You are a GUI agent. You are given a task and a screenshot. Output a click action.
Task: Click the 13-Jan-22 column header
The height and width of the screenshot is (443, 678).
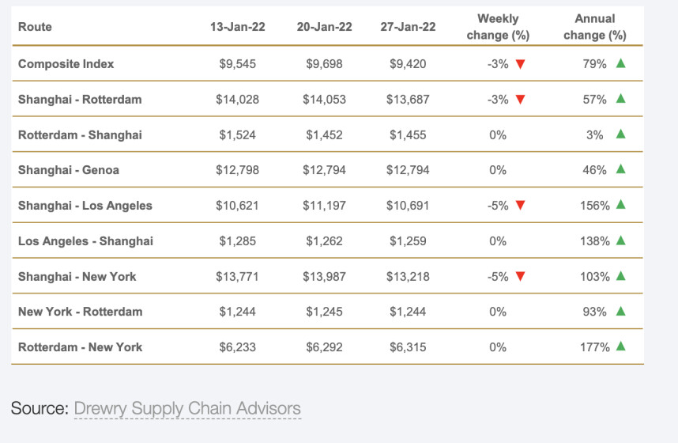pos(237,27)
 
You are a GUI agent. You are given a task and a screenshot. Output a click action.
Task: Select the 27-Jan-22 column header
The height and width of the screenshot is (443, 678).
pos(408,27)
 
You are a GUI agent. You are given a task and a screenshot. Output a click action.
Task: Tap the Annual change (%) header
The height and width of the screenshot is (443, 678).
pos(595,27)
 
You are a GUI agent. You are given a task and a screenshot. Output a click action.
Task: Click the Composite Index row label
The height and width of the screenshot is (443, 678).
pos(66,64)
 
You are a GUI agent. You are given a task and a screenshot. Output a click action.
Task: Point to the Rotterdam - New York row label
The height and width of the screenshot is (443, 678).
pos(81,347)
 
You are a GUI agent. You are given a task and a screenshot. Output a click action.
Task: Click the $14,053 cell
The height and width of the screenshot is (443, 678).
pos(324,100)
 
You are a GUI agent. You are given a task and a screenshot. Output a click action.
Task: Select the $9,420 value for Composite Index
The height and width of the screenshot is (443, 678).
pos(408,64)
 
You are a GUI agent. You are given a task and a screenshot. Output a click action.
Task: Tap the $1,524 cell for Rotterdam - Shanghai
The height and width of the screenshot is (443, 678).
pos(237,135)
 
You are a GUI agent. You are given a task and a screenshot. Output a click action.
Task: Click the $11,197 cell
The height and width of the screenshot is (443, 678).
pos(324,206)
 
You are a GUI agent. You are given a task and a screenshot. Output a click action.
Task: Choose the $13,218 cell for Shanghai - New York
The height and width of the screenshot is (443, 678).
pos(408,277)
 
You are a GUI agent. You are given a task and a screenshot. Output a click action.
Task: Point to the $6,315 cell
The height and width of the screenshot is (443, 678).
pos(408,347)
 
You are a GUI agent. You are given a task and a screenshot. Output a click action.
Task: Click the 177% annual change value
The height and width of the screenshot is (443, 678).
pos(594,347)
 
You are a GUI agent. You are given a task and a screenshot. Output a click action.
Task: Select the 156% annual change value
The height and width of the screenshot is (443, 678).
pos(594,206)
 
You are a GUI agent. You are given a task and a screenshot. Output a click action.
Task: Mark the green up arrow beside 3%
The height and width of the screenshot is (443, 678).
pos(620,134)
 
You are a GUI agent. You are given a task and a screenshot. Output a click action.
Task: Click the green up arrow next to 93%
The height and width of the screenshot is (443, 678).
pos(620,312)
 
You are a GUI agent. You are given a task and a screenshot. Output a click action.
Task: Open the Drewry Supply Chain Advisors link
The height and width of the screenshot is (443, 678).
pos(187,409)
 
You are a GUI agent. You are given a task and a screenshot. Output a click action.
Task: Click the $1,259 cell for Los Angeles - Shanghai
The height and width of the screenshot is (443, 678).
pos(408,241)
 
